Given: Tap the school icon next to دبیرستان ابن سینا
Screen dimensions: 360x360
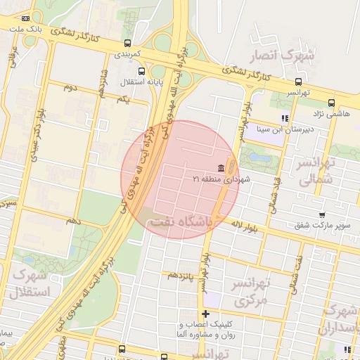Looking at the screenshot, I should [x=285, y=118].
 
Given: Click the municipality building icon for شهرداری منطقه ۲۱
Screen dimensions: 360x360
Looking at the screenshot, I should [x=221, y=167].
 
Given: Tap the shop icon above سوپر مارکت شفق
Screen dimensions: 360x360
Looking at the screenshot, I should [x=322, y=216].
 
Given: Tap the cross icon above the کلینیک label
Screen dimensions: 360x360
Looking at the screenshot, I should [x=205, y=314].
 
